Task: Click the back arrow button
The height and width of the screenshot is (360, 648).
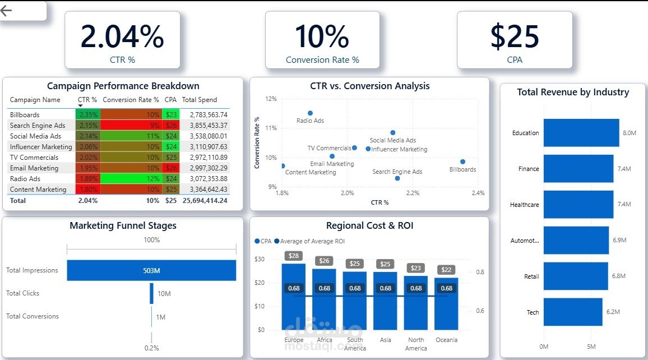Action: pyautogui.click(x=7, y=11)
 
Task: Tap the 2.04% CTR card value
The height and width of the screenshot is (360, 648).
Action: pyautogui.click(x=122, y=36)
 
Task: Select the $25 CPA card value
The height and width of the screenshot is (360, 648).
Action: pyautogui.click(x=514, y=36)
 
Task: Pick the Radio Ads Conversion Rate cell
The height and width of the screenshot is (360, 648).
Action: pyautogui.click(x=131, y=179)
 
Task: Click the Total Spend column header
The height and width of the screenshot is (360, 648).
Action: pyautogui.click(x=199, y=100)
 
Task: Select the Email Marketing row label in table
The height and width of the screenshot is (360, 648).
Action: pyautogui.click(x=34, y=168)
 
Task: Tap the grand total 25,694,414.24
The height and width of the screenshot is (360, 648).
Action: pyautogui.click(x=205, y=200)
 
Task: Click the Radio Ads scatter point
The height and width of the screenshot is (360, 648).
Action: pyautogui.click(x=310, y=113)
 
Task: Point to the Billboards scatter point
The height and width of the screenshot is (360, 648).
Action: pyautogui.click(x=462, y=161)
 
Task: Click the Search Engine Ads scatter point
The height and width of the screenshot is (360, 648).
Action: pyautogui.click(x=397, y=178)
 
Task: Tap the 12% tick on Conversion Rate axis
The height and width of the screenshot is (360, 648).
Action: pyautogui.click(x=271, y=99)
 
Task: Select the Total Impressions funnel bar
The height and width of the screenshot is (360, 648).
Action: pyautogui.click(x=151, y=270)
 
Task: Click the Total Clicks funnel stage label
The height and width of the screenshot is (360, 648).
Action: pyautogui.click(x=23, y=293)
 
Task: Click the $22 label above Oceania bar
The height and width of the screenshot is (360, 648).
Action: pyautogui.click(x=446, y=270)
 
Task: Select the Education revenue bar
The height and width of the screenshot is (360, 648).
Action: pyautogui.click(x=581, y=133)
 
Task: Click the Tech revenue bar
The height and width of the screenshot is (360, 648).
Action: pyautogui.click(x=572, y=312)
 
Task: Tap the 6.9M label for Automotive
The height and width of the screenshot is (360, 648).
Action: pyautogui.click(x=619, y=240)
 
